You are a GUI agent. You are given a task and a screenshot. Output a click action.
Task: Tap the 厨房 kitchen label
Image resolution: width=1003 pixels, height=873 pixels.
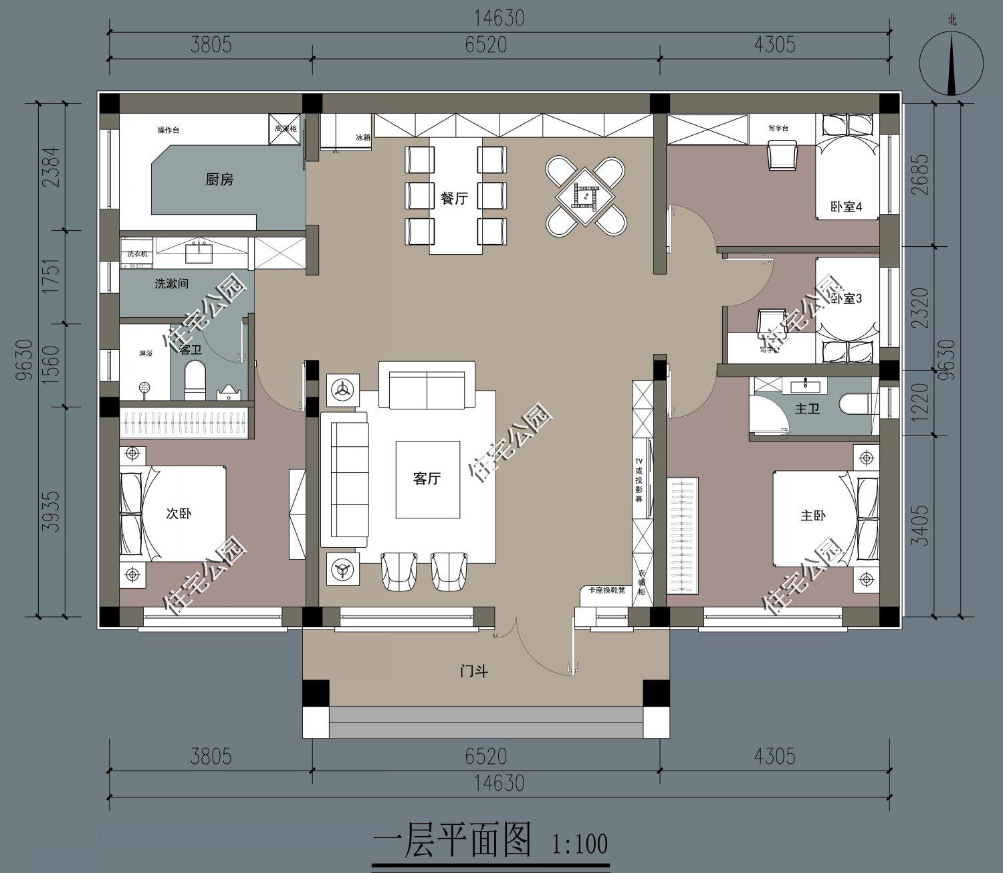click(x=219, y=179)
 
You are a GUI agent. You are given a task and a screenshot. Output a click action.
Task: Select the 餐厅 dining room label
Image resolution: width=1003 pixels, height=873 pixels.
click(x=454, y=198)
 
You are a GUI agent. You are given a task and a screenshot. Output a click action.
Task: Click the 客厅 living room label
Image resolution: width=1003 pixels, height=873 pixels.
click(x=427, y=478)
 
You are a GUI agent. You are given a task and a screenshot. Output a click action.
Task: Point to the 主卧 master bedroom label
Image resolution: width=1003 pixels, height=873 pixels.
click(x=813, y=516)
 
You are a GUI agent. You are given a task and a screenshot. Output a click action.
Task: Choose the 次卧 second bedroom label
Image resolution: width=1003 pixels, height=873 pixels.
click(x=179, y=514)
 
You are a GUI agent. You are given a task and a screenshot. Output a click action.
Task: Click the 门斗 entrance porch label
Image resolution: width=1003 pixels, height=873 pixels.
click(x=473, y=671)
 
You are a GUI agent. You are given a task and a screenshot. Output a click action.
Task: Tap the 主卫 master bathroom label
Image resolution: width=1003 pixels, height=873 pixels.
click(x=807, y=407)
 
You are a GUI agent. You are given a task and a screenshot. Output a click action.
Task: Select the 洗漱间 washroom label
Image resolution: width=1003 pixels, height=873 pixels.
click(x=172, y=284)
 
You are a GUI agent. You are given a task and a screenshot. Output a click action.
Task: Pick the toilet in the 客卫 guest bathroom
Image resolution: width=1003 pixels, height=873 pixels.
click(x=194, y=381)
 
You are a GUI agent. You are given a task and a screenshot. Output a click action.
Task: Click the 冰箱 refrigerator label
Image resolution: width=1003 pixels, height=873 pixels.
click(x=362, y=137)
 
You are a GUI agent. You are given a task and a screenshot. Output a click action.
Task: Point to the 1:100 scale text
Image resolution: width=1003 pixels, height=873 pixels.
click(x=579, y=843)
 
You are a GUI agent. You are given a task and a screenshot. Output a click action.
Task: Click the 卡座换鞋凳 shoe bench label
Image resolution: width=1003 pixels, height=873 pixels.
click(x=606, y=590)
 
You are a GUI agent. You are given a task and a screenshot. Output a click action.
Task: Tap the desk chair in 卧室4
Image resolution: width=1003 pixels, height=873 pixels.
click(x=782, y=155)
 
